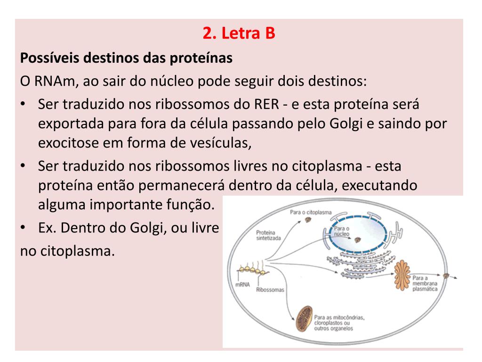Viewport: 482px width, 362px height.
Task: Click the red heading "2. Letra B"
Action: (239, 34)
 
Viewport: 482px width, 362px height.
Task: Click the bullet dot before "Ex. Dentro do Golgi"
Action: (24, 228)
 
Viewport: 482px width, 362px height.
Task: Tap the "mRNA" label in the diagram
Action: (244, 285)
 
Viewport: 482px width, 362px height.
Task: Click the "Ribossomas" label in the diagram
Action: (270, 290)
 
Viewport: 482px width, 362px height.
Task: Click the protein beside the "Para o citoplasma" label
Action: (309, 221)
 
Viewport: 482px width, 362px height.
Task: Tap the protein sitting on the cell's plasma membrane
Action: (445, 276)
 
